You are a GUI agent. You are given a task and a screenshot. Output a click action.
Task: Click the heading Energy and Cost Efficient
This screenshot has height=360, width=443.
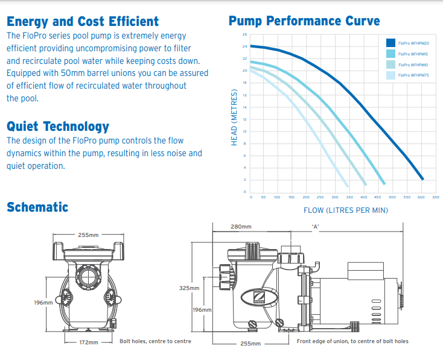tap(83, 22)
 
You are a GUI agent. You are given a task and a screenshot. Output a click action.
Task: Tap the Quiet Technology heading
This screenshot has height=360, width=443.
tap(58, 127)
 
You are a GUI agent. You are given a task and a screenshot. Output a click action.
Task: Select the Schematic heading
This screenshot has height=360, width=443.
tap(37, 207)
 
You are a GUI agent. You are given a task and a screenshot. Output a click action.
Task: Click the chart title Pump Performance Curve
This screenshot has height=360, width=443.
tap(304, 22)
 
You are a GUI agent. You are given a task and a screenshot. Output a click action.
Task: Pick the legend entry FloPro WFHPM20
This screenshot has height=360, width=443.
tap(413, 43)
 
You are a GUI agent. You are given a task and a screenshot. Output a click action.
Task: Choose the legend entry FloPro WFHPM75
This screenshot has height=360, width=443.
tap(413, 75)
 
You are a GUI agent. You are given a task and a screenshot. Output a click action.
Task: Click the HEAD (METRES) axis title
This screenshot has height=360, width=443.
tap(234, 118)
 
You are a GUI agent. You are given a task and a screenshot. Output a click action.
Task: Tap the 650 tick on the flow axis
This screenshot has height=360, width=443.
tap(436, 197)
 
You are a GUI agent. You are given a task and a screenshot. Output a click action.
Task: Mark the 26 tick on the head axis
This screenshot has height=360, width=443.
tap(245, 34)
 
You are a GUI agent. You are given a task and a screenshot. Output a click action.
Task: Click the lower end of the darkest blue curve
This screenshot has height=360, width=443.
tap(422, 179)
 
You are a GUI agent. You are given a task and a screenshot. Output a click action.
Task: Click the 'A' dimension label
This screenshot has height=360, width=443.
tap(315, 227)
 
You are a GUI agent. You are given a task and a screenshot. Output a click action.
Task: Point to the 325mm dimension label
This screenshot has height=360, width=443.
tap(189, 288)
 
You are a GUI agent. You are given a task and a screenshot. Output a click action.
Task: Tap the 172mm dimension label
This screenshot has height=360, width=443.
tap(89, 342)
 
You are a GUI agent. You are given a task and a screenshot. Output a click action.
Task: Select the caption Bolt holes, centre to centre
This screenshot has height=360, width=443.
tap(155, 341)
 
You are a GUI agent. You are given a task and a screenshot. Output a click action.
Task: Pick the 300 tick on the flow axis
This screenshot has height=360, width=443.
tap(334, 197)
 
